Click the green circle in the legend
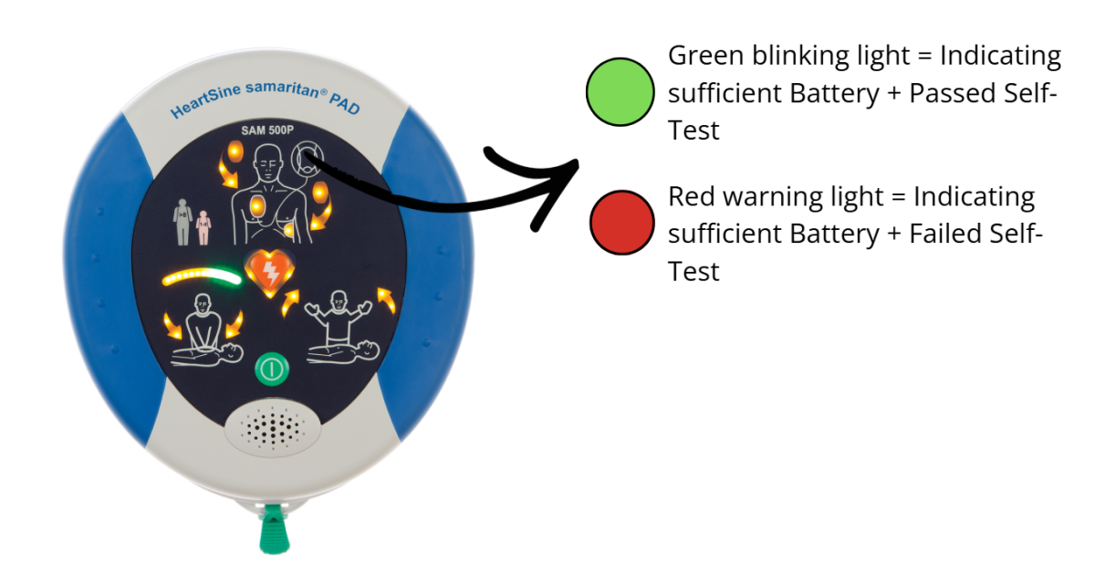[620, 92]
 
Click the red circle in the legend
[621, 223]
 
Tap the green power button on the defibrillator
[271, 369]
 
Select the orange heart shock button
[269, 273]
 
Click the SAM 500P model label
[266, 130]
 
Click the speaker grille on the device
[272, 428]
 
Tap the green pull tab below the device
[274, 529]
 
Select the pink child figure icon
[203, 228]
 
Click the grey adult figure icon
[182, 222]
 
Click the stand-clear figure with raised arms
[339, 318]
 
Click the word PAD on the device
[344, 103]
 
